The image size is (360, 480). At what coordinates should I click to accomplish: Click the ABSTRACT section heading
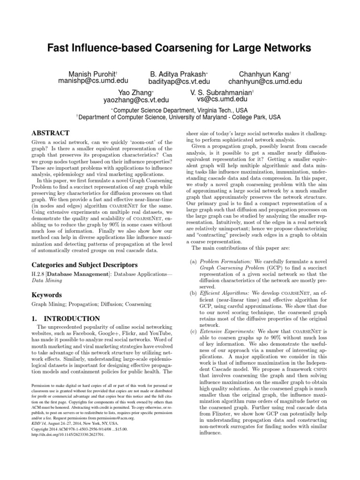click(x=50, y=133)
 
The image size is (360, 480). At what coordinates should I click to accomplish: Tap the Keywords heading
click(x=47, y=295)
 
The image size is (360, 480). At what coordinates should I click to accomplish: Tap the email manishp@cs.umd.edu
click(x=87, y=82)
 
